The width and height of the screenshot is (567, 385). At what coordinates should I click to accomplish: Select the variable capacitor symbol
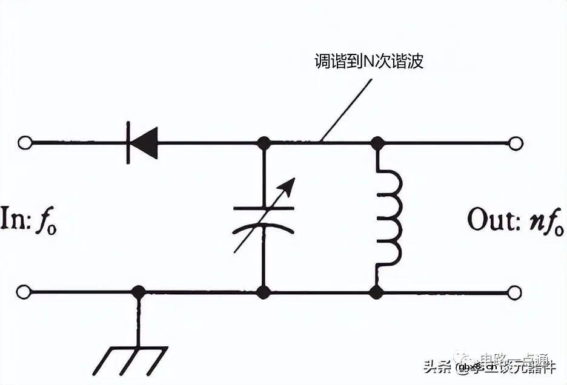tap(264, 218)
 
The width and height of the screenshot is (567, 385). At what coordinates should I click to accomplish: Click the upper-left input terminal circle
tap(24, 143)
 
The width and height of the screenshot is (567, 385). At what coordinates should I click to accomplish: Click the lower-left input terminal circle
tap(24, 292)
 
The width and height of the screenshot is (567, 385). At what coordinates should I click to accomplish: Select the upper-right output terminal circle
tap(516, 143)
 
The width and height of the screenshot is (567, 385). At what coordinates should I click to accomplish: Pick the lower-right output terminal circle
tap(514, 292)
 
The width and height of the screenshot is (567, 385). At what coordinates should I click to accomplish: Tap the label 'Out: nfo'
tap(515, 221)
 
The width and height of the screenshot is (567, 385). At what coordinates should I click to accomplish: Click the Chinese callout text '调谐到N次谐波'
tap(368, 62)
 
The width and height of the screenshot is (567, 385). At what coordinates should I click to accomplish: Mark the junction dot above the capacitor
tap(264, 143)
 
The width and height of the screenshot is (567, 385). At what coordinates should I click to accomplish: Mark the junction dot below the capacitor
tap(264, 292)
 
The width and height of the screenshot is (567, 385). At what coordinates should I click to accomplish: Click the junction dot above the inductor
tap(377, 143)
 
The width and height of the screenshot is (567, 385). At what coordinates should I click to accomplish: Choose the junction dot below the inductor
tap(376, 292)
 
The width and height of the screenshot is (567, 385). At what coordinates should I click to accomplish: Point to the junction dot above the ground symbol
tap(139, 292)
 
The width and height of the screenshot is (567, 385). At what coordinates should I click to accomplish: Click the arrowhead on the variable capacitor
tap(290, 183)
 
